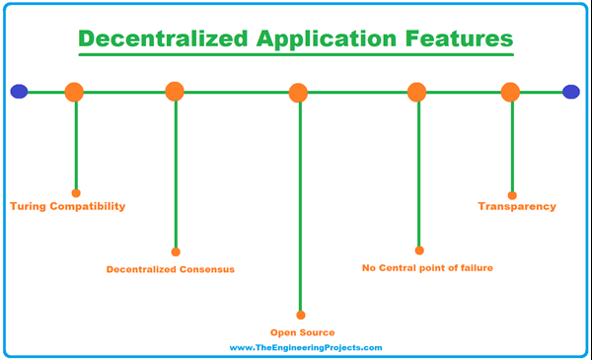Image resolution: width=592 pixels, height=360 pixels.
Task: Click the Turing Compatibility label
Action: [x=68, y=207]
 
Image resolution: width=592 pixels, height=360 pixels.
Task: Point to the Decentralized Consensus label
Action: [x=171, y=268]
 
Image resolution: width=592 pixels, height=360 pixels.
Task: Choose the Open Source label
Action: [x=303, y=332]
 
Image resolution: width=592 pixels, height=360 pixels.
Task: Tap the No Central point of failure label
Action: [x=427, y=267]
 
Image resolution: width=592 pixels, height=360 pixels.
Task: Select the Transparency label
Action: [x=517, y=207]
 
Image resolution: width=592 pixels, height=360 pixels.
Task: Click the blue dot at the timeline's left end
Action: [x=19, y=92]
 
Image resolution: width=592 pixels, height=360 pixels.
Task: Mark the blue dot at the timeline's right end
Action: [x=571, y=92]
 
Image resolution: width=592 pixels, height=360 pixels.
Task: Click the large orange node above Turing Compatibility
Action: [x=74, y=93]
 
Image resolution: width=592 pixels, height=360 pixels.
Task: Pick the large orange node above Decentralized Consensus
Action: [x=175, y=92]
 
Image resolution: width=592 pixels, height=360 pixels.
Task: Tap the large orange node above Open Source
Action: [x=299, y=94]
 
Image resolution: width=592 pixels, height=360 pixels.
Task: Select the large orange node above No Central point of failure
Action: [x=416, y=92]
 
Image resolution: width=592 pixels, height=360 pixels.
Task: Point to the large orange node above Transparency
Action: [x=510, y=93]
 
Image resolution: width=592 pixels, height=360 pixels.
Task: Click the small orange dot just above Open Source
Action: [x=300, y=316]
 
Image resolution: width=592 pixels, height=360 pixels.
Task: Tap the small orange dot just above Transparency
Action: [x=512, y=195]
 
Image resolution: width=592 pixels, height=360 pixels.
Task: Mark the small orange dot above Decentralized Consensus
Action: [x=176, y=252]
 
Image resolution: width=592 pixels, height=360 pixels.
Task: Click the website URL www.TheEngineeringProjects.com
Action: [x=305, y=348]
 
